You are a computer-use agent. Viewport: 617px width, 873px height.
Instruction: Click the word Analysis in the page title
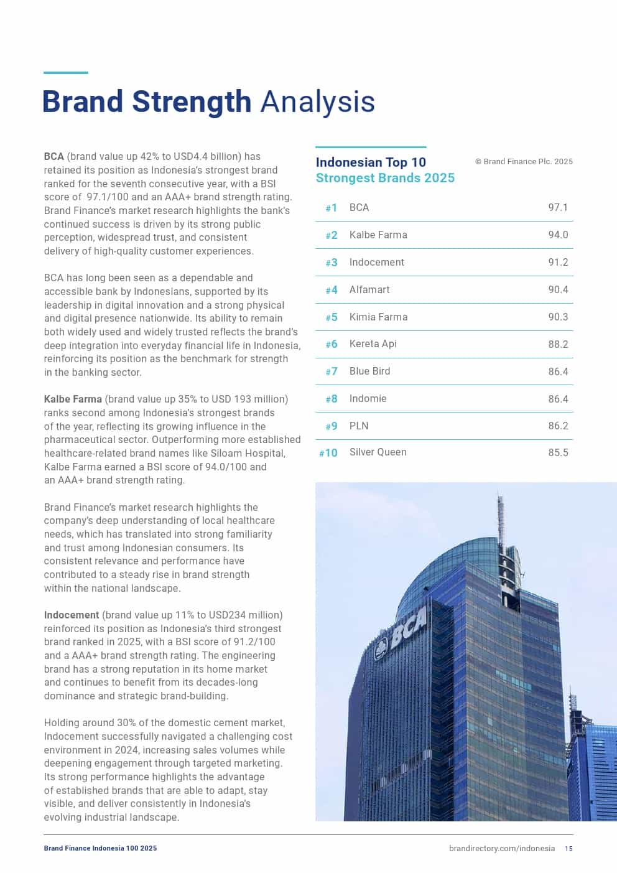[317, 102]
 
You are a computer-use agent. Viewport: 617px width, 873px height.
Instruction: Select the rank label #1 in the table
[331, 208]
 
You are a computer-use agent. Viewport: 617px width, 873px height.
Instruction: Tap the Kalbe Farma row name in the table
[378, 235]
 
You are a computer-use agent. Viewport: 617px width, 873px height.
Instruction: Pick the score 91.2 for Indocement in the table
[558, 263]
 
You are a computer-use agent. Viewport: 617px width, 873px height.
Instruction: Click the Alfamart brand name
[369, 290]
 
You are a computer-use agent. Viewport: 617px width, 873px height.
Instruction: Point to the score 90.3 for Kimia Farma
[558, 317]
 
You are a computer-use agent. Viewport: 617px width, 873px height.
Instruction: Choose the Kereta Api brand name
[373, 344]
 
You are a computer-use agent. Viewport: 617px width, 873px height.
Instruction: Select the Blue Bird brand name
[369, 371]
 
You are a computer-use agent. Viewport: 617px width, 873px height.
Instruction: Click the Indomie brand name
[368, 399]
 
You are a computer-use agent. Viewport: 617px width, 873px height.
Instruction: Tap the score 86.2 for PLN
[558, 426]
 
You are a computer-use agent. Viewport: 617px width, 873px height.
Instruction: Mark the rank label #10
[328, 453]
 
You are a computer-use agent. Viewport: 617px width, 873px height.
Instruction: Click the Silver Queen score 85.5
[558, 453]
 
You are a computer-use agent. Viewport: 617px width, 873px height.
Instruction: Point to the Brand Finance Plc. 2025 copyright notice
[524, 162]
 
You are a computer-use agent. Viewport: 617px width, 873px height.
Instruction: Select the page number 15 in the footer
[569, 849]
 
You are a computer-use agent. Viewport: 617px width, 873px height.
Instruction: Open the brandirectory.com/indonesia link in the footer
[501, 849]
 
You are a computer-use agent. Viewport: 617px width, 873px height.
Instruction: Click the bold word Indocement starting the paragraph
[72, 615]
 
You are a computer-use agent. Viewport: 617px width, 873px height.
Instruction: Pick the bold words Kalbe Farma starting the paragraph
[73, 399]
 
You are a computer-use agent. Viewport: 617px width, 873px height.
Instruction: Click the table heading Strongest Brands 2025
[385, 179]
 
